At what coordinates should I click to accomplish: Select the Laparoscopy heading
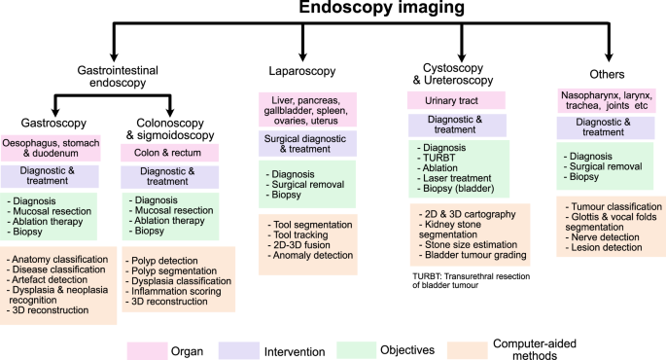303,73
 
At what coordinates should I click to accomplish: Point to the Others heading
608,74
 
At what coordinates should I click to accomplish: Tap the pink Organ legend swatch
146,348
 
